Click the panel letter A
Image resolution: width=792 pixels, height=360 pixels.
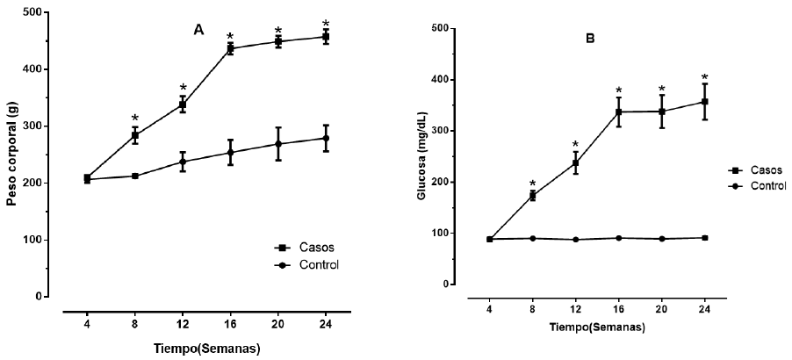(199, 31)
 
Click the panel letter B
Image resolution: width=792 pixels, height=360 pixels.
(590, 39)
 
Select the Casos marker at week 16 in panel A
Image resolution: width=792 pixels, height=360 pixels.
(231, 49)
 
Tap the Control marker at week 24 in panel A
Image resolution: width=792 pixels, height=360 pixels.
(326, 138)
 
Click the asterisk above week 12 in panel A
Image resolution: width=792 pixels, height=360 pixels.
(184, 88)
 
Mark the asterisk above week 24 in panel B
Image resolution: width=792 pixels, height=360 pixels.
(705, 78)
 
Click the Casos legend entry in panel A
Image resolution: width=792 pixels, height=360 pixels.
(295, 248)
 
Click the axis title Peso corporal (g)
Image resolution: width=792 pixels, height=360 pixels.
(12, 155)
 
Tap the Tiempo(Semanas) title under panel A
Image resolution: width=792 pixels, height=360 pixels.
(205, 349)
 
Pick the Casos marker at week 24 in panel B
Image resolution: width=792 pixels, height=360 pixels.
(705, 102)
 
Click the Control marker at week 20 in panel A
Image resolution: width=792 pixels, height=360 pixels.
(278, 143)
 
